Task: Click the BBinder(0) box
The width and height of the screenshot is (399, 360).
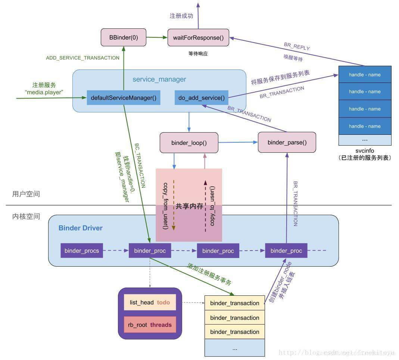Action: click(124, 37)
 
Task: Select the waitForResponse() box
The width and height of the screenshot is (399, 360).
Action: click(198, 37)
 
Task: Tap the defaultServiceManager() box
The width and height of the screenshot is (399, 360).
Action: click(124, 98)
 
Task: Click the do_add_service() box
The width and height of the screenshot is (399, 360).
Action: click(202, 98)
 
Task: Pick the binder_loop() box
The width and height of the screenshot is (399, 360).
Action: click(189, 143)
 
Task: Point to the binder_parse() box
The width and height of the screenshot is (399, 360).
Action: click(287, 142)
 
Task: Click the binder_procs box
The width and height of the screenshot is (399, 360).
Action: click(82, 251)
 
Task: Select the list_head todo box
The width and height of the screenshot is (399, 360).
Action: click(150, 302)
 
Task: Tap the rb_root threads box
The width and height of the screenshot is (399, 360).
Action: click(150, 325)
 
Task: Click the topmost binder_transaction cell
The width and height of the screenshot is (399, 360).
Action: click(234, 303)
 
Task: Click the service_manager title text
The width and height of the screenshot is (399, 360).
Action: click(159, 80)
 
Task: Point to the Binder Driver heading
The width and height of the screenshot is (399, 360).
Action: click(81, 228)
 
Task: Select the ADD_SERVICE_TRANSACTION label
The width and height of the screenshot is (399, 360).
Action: click(82, 58)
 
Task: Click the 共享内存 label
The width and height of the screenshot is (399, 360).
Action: click(189, 206)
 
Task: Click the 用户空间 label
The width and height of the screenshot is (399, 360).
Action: click(26, 194)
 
